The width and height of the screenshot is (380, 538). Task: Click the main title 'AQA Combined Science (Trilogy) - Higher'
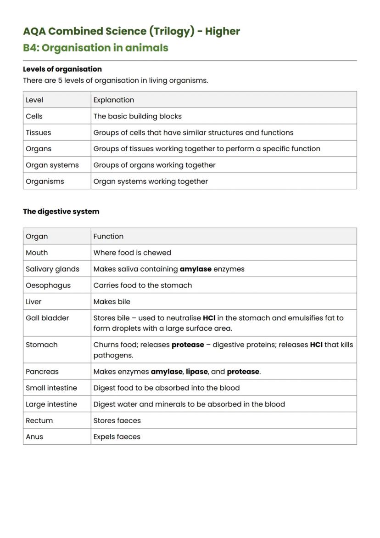tap(131, 31)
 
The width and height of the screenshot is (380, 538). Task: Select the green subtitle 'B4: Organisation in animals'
tap(95, 48)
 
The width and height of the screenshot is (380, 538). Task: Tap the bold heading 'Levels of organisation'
tap(62, 69)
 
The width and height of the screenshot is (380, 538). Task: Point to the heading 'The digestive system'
tap(61, 211)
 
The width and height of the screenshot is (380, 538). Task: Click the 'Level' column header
tap(34, 100)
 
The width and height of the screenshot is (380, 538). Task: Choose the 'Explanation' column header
tap(114, 100)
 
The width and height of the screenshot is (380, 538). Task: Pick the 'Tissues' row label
tap(39, 132)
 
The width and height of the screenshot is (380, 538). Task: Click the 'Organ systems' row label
tap(52, 165)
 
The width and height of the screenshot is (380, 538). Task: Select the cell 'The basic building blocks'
tap(138, 116)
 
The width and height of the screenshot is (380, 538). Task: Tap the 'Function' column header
tap(108, 236)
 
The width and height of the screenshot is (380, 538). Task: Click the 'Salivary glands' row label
tap(52, 269)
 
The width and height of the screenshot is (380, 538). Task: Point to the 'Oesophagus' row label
tap(48, 285)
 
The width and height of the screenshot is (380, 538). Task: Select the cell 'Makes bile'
tap(112, 301)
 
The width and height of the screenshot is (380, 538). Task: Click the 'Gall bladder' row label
tap(47, 318)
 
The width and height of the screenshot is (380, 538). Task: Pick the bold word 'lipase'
tap(197, 372)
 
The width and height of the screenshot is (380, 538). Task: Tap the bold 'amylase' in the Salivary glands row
tap(196, 269)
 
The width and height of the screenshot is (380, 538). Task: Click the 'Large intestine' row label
tap(51, 404)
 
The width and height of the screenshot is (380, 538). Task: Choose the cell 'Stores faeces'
tap(117, 420)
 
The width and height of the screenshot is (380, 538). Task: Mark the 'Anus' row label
tap(34, 437)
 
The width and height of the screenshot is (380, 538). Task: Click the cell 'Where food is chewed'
tap(132, 253)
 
